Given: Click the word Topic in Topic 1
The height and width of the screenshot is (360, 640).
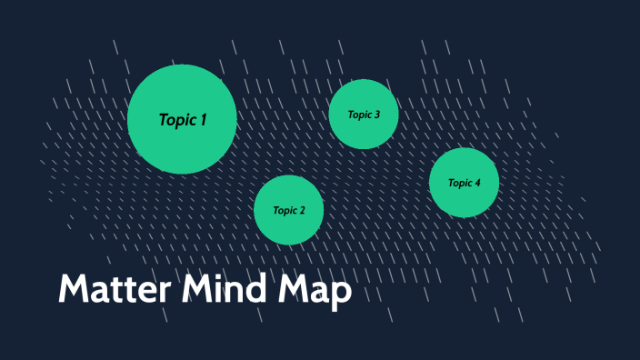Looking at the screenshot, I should pos(177,119).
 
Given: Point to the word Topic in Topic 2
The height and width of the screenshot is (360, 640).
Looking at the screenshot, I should pos(285,210).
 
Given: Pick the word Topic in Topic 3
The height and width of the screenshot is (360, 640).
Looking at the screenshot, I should pos(360,115).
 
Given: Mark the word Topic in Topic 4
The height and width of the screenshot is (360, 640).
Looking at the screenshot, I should pos(460,183).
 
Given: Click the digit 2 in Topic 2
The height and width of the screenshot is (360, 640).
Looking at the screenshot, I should pos(303,210).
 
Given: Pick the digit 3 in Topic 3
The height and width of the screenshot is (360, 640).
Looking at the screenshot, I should pos(377,115).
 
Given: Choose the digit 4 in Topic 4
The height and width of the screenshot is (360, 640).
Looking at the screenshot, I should pos(477,183).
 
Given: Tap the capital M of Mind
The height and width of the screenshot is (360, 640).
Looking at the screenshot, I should pos(197,289).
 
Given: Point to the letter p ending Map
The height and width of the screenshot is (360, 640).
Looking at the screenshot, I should pos(341,295).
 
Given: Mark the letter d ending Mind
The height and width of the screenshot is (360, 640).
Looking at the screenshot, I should pos(259,289).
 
